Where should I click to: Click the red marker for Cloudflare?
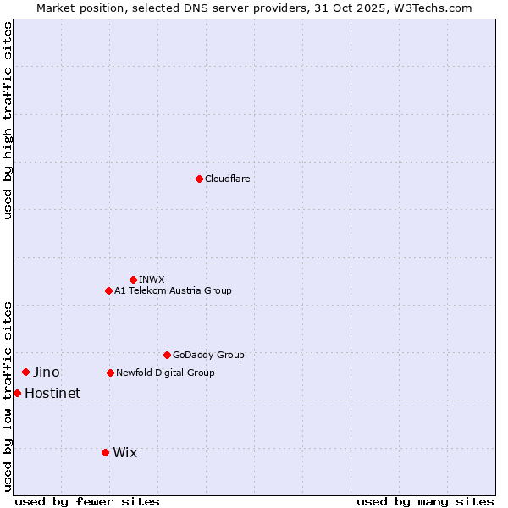pos(199,179)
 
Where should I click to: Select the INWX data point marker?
pos(133,279)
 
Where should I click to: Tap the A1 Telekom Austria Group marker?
pos(108,290)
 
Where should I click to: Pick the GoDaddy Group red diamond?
pos(167,355)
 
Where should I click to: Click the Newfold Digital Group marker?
pos(110,373)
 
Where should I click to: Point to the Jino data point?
pos(25,372)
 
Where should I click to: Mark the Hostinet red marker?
pos(17,393)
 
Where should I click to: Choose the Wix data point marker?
pos(105,452)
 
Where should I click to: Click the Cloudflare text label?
pos(227,179)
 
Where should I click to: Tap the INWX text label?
pos(152,279)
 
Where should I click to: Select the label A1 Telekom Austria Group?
pos(173,290)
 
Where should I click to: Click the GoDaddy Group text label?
pos(208,355)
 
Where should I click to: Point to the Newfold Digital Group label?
pos(165,373)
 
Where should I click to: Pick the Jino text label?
pos(47,372)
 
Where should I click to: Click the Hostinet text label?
pos(52,393)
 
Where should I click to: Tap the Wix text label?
pos(124,452)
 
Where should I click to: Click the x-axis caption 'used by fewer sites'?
pos(87,501)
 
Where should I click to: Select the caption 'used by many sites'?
pos(425,501)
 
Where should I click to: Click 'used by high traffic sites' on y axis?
pos(8,120)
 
